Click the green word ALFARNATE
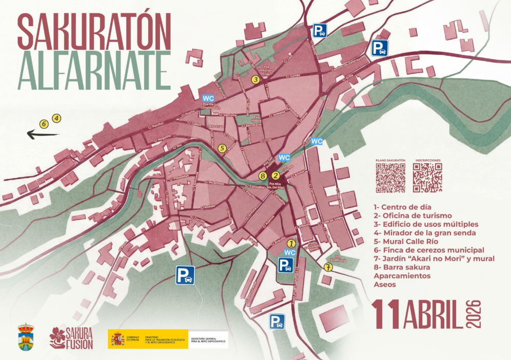click(x=93, y=70)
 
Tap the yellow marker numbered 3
click(x=255, y=79)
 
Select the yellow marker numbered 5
click(x=222, y=148)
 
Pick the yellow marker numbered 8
click(x=263, y=176)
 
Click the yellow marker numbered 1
click(x=291, y=243)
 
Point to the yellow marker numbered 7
click(x=328, y=267)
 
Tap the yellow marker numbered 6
click(x=44, y=123)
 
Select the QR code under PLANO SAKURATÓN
click(x=390, y=178)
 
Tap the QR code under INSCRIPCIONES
click(x=427, y=178)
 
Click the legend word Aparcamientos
click(x=402, y=276)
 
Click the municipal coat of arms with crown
click(x=26, y=337)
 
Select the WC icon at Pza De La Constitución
click(x=208, y=98)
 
